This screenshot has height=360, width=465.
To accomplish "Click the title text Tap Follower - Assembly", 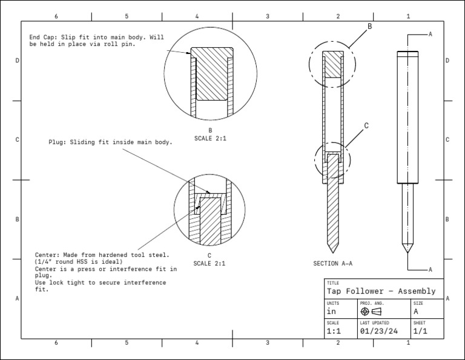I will pos(381,292).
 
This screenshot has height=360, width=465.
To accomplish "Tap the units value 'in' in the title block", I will pos(331,312).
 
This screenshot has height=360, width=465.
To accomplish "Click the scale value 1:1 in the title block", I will pos(333,332).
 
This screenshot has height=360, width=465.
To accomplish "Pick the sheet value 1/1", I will pos(420,332).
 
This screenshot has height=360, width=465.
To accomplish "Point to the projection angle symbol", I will pos(371,312).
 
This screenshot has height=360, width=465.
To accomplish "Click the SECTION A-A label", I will pos(332,264).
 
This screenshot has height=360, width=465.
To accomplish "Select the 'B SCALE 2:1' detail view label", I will pos(210,135).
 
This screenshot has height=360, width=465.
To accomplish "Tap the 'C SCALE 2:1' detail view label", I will pos(209,260).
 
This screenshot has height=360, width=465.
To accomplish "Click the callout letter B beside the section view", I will pos(369,27).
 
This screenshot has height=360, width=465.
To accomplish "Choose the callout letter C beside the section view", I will pos(366,126).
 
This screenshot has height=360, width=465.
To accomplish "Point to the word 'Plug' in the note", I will pos(57,142).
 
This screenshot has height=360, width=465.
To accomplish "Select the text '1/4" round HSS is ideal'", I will pos(79,262).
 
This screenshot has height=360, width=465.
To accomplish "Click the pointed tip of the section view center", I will pos(332,252).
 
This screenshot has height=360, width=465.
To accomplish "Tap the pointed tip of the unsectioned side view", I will pos(406,252).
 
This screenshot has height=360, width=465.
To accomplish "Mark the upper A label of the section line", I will pos(430,35).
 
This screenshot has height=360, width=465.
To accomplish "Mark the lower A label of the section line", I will pos(430,269).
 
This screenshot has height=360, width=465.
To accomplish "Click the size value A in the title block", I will pos(416,312).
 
